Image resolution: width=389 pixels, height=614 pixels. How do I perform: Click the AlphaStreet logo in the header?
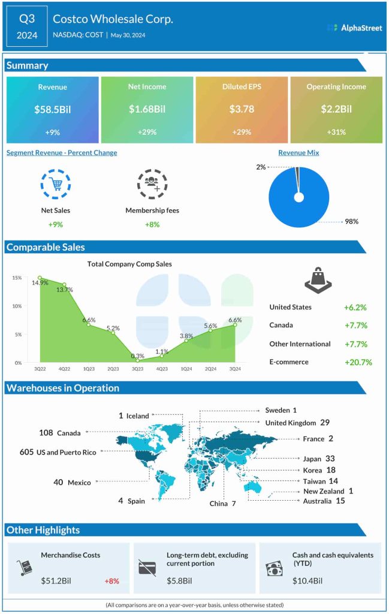click(354, 28)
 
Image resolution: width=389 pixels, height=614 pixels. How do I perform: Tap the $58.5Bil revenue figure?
click(52, 109)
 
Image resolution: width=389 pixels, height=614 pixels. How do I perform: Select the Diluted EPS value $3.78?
click(241, 109)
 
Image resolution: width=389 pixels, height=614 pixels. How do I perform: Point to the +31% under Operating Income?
click(336, 132)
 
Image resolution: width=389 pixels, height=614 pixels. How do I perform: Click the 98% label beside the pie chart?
click(351, 221)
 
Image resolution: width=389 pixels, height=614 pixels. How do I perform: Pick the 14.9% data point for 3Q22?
click(40, 278)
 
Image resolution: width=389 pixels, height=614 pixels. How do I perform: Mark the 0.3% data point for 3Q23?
click(137, 360)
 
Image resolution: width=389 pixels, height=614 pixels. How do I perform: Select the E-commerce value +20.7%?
click(358, 362)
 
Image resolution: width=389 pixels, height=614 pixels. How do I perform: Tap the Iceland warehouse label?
click(134, 416)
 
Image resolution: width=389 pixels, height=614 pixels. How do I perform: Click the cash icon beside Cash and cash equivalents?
click(273, 568)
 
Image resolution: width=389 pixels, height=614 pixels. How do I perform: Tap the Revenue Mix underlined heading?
click(298, 153)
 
